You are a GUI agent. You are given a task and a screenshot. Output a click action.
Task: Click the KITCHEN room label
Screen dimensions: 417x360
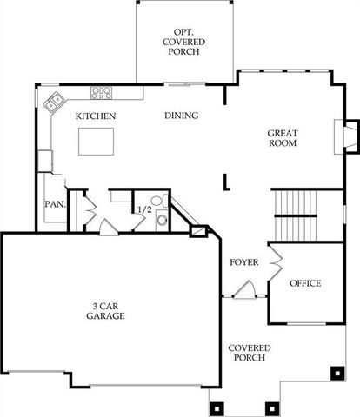pyautogui.click(x=97, y=116)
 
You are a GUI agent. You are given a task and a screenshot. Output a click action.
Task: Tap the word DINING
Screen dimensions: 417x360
pyautogui.click(x=182, y=116)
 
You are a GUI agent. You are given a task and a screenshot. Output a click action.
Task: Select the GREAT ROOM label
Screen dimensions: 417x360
pyautogui.click(x=283, y=138)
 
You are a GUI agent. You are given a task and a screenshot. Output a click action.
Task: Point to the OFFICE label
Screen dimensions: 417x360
pyautogui.click(x=305, y=283)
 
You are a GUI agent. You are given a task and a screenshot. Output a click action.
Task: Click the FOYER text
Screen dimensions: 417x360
pyautogui.click(x=244, y=262)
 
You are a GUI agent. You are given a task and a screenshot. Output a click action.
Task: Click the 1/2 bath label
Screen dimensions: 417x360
pyautogui.click(x=143, y=209)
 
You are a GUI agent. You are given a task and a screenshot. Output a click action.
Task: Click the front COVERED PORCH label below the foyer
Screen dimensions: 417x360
pyautogui.click(x=250, y=353)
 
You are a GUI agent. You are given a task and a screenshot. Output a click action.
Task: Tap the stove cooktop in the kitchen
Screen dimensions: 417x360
pyautogui.click(x=102, y=91)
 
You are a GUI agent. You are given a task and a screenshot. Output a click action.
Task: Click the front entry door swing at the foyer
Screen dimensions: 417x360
pyautogui.click(x=247, y=289)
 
